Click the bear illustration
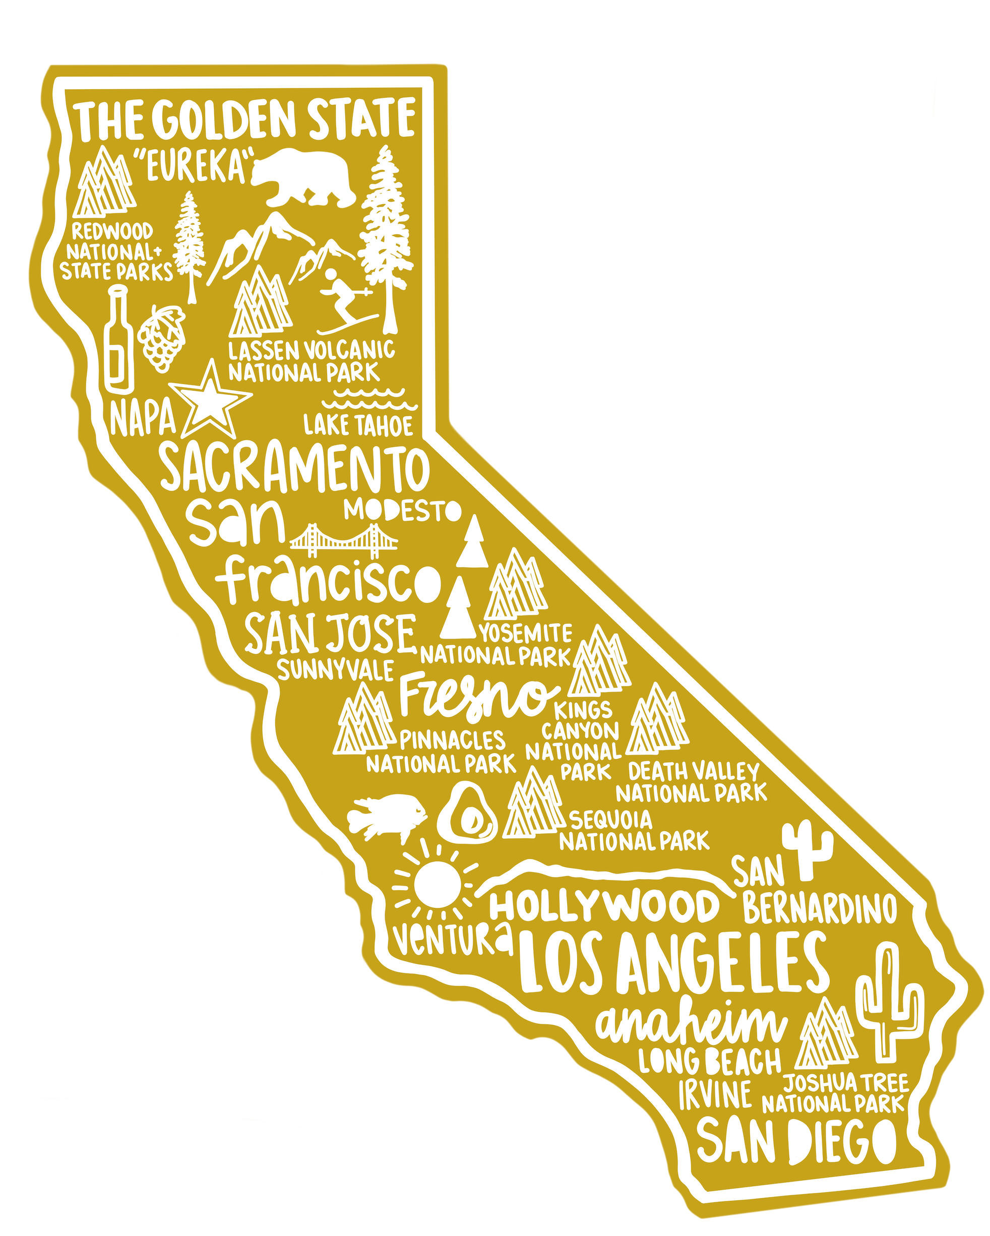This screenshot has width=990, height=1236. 304,178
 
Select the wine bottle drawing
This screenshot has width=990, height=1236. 118,341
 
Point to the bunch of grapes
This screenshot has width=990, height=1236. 163,338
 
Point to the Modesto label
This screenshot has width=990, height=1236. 402,510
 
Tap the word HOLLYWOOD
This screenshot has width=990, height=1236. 604,906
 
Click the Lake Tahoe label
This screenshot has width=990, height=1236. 358,425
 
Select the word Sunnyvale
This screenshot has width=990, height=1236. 335,669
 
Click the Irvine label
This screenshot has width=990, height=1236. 715,1094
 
